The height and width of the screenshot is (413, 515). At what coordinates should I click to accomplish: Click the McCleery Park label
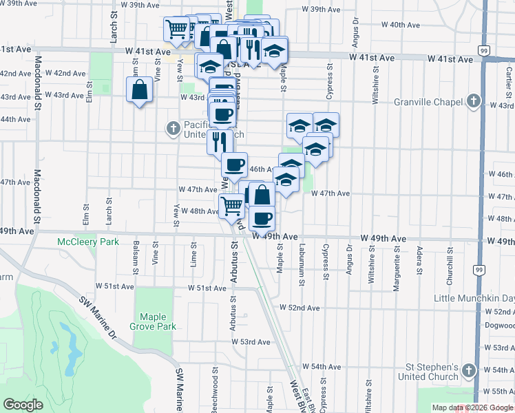(89, 242)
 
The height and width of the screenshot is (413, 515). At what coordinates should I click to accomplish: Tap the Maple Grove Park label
(158, 321)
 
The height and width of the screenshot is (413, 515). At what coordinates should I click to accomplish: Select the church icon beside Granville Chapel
(472, 102)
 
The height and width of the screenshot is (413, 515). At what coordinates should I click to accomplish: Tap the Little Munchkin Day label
(474, 299)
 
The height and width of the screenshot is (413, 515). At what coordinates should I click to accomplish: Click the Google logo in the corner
(23, 405)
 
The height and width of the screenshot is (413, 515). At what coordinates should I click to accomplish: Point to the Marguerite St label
(396, 273)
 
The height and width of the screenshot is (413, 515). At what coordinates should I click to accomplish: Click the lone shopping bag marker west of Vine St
(140, 89)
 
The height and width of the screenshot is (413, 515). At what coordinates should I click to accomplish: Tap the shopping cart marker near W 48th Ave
(231, 204)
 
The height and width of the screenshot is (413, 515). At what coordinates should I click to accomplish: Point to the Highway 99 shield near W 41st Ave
(485, 51)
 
